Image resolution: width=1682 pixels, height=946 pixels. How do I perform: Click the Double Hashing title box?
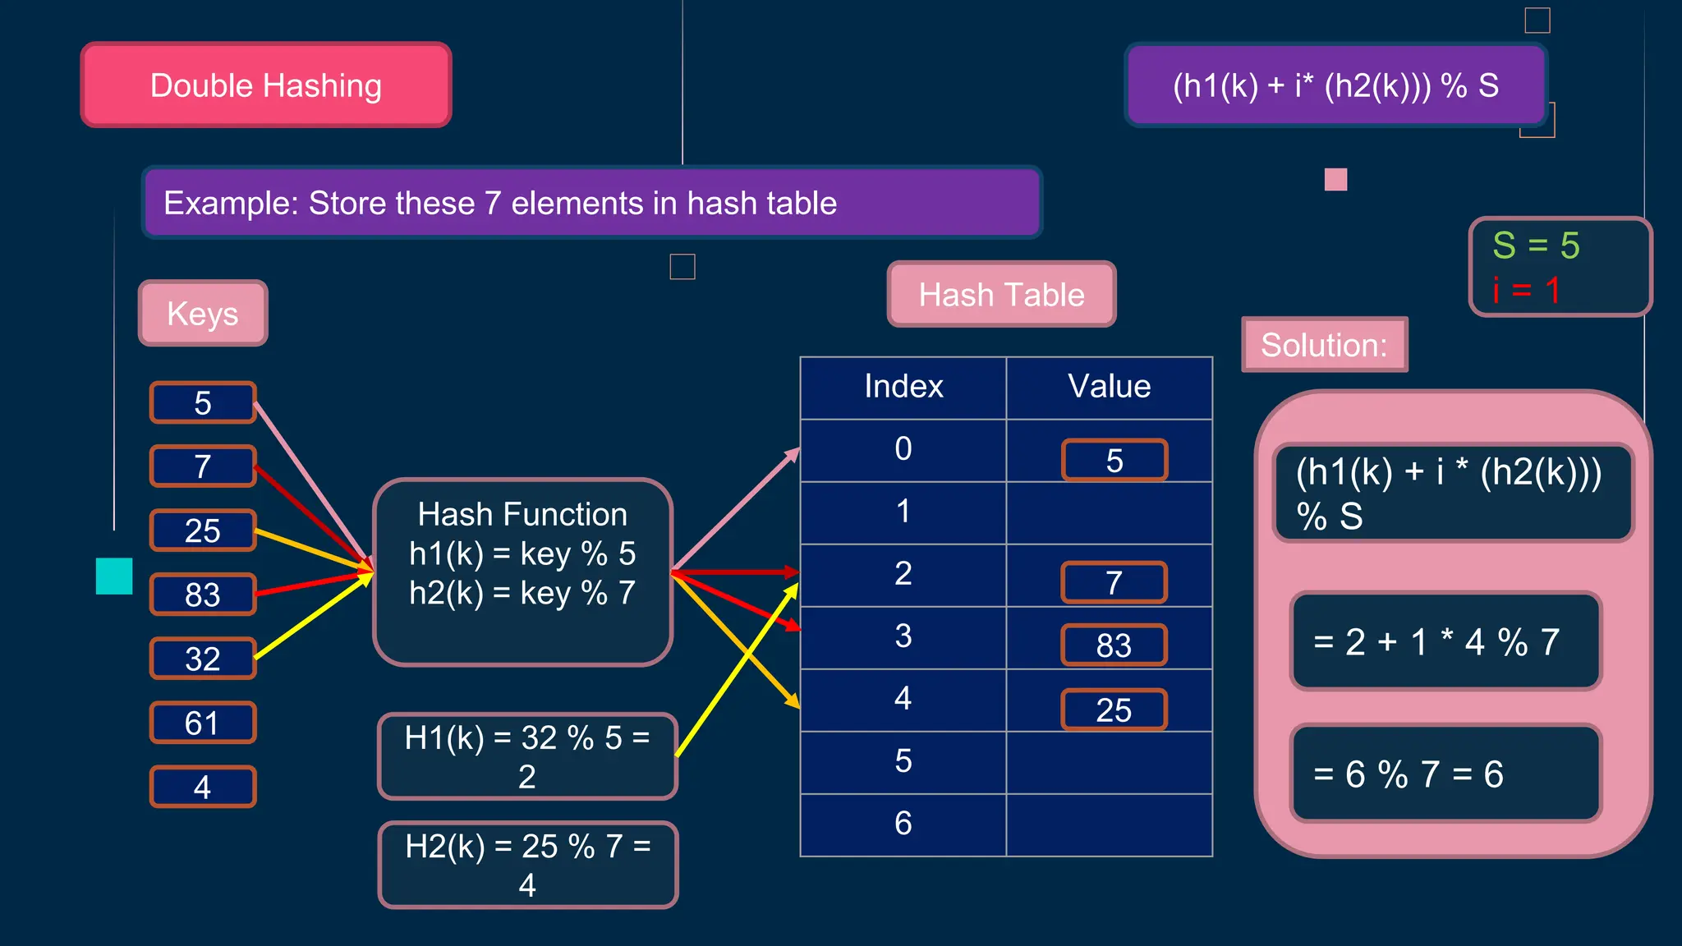[x=266, y=85]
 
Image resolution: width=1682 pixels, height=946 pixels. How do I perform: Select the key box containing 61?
[x=203, y=723]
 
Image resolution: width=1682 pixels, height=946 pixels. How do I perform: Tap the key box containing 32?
[x=203, y=659]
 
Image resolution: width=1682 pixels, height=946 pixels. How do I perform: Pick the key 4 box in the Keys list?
[x=203, y=787]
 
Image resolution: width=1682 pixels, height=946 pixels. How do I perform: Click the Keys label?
[x=203, y=313]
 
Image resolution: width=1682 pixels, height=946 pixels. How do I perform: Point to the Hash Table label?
[x=1001, y=294]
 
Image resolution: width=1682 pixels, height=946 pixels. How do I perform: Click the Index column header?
[x=903, y=387]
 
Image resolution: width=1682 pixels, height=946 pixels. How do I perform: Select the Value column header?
[x=1109, y=387]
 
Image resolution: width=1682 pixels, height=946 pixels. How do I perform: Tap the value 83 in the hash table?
[x=1114, y=645]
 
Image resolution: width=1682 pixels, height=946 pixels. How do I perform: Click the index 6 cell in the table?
[x=903, y=824]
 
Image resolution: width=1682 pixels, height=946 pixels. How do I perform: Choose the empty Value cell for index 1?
[x=1109, y=512]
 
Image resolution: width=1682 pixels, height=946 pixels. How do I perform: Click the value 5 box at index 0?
[x=1114, y=461]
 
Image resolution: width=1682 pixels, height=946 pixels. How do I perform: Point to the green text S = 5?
[x=1536, y=246]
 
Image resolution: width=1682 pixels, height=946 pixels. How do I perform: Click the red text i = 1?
[x=1526, y=290]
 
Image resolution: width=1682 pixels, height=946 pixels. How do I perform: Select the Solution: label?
[x=1324, y=345]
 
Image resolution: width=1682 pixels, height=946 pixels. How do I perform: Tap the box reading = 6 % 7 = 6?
[x=1445, y=774]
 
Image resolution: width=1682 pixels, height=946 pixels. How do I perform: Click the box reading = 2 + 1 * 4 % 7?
[x=1445, y=641]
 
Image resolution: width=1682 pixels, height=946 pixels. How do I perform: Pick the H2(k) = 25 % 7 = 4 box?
[x=527, y=865]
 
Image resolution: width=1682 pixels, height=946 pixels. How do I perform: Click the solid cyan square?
[x=114, y=576]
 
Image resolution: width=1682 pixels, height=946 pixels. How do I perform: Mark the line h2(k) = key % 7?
[x=522, y=593]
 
